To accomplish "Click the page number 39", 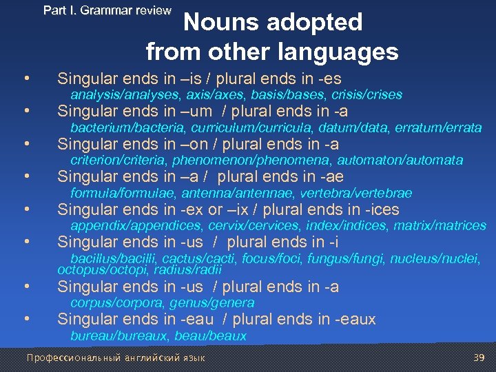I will pos(479,358).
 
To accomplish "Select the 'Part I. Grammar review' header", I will pos(107,10).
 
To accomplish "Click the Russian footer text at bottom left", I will pos(115,358).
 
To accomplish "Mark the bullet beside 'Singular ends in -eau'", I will pos(26,319).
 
